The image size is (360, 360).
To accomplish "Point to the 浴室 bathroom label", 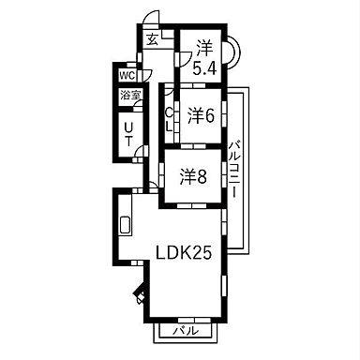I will point(128,96).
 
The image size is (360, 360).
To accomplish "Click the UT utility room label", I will point(128,136).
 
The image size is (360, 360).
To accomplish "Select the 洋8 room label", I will point(194,176).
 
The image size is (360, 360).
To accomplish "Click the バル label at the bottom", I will point(186,330).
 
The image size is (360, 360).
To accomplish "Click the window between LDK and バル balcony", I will point(185,317).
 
